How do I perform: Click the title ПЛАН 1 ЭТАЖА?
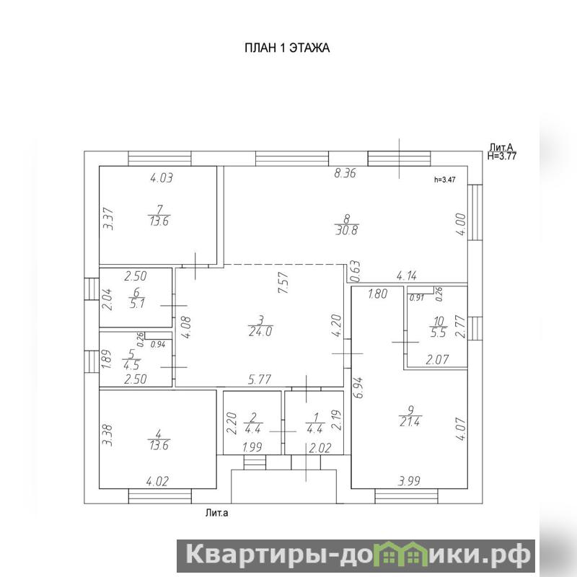click(x=287, y=48)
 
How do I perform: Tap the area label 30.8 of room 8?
click(x=347, y=231)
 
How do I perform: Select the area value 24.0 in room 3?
click(x=260, y=332)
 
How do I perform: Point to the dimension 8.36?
click(x=345, y=173)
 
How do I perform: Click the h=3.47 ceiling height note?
click(x=445, y=180)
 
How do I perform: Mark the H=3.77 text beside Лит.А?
click(x=502, y=156)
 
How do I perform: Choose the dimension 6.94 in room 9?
click(x=359, y=387)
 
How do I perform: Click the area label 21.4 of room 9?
click(x=410, y=422)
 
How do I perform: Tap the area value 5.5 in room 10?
click(x=439, y=333)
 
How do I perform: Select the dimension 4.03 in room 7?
click(x=162, y=178)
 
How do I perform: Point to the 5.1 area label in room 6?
click(x=137, y=304)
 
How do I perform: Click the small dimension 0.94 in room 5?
click(x=158, y=345)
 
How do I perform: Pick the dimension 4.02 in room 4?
click(x=157, y=482)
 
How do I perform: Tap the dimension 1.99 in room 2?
click(x=252, y=447)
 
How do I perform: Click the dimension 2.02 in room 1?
click(x=320, y=448)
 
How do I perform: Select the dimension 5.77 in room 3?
click(x=260, y=379)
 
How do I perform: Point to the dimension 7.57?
click(x=283, y=282)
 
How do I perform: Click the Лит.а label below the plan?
click(x=217, y=513)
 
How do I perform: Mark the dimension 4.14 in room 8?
click(x=407, y=276)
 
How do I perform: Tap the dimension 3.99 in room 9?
click(x=409, y=481)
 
